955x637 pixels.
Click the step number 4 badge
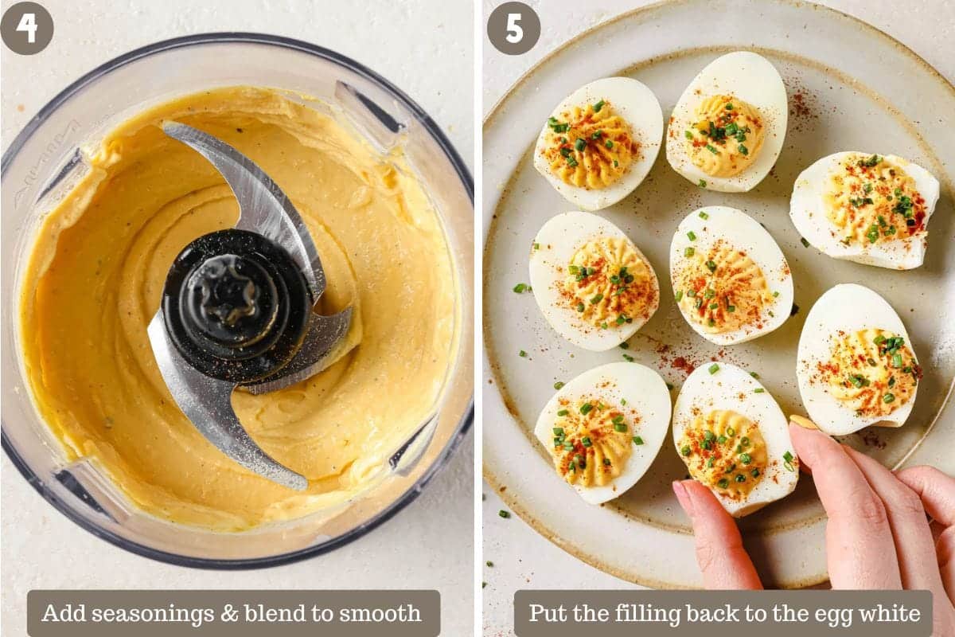27,28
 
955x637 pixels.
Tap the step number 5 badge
514,28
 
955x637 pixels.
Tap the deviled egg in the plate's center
731,276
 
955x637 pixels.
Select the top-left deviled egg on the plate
598,143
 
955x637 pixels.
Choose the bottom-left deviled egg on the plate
602,432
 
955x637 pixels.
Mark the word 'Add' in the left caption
64,613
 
